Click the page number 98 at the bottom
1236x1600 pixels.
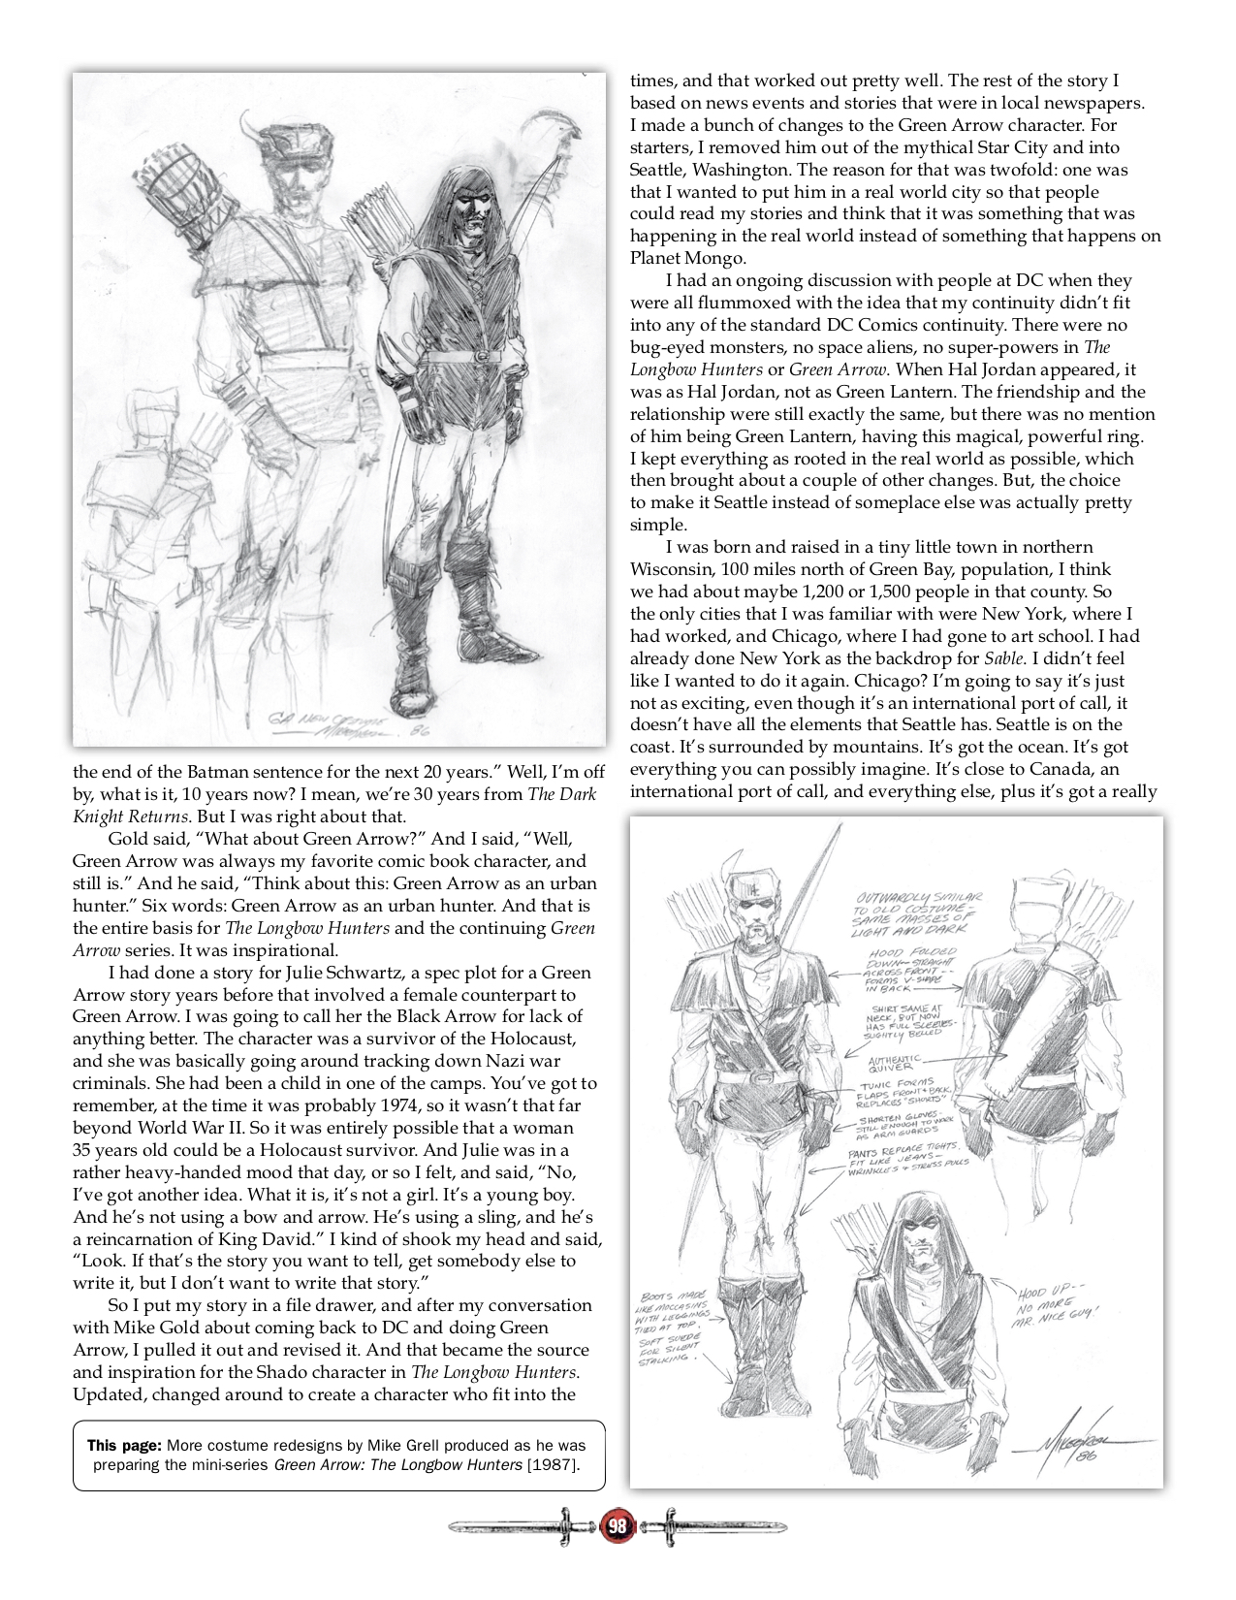[x=617, y=1528]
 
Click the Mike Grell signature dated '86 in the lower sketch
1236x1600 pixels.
[x=1075, y=1447]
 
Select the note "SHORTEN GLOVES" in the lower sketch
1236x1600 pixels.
[x=900, y=1123]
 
